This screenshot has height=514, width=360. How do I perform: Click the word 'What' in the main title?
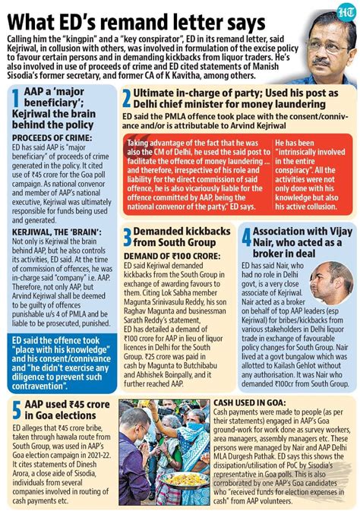click(x=36, y=18)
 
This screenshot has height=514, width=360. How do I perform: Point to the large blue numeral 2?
click(x=128, y=98)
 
